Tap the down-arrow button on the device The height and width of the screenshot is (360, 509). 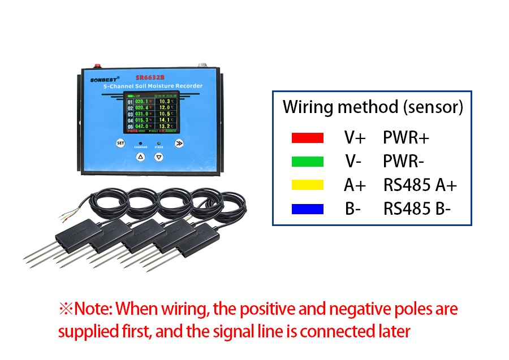(x=159, y=157)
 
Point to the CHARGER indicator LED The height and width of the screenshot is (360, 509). (x=140, y=143)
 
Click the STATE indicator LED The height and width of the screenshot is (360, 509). (x=159, y=143)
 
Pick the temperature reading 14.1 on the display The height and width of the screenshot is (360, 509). (x=165, y=119)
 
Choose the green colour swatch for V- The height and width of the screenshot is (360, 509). (x=307, y=162)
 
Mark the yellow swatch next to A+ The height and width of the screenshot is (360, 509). (x=307, y=185)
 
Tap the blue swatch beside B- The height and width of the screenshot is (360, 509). (x=307, y=209)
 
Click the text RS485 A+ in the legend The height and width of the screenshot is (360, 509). (x=420, y=185)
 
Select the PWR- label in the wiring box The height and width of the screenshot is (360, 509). (x=404, y=162)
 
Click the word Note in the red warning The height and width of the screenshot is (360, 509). (x=93, y=309)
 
